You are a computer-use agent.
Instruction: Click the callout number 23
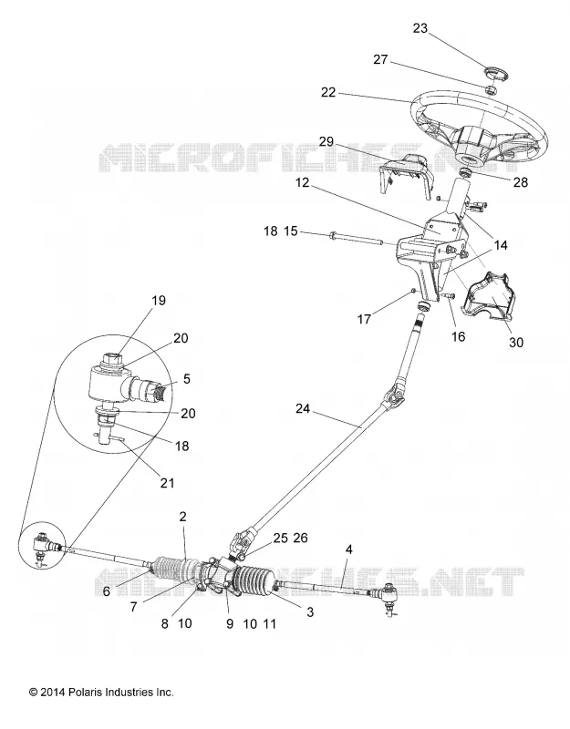click(420, 28)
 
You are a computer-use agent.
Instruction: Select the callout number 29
click(326, 141)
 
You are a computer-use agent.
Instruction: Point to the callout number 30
click(516, 343)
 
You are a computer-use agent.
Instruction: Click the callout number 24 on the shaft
click(302, 408)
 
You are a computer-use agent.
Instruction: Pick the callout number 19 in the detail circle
click(159, 301)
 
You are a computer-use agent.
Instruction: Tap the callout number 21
click(167, 483)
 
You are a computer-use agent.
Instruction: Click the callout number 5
click(187, 379)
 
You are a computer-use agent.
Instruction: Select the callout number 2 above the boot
click(182, 517)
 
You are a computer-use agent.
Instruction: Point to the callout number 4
click(348, 549)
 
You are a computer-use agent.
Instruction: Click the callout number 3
click(310, 611)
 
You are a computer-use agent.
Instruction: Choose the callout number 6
click(107, 591)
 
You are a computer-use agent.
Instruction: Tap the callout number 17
click(364, 319)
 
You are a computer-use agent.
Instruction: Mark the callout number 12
click(302, 183)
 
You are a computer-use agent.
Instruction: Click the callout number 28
click(521, 182)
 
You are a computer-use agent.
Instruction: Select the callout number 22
click(328, 93)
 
